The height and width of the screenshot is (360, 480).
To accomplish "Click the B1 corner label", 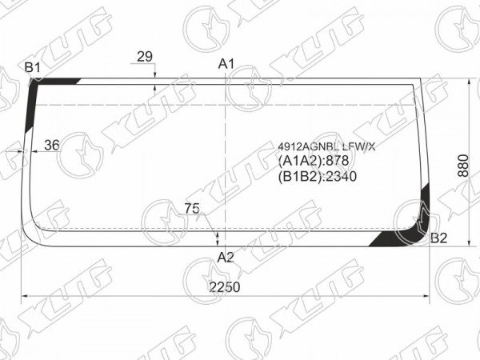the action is coord(33,67).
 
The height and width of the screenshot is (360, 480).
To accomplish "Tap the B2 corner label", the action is coord(439,238).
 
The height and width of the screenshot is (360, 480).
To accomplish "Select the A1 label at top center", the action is coord(226,64).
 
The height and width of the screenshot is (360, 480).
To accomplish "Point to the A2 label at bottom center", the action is coord(226,258).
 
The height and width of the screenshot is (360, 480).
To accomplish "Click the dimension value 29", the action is coord(145,57).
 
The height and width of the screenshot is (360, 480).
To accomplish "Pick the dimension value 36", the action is coord(52,145).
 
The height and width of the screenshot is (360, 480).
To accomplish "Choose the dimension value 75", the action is coord(192,209).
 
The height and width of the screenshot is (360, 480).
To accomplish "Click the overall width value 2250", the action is coord(225,287).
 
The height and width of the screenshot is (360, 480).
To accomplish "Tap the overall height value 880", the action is coord(463,166).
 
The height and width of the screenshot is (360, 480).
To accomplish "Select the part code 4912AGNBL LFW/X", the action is coord(326,147).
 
